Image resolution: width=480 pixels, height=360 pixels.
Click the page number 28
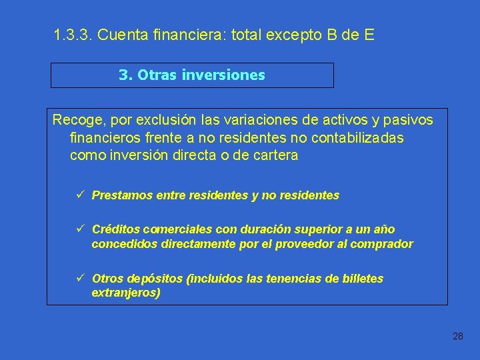(x=457, y=336)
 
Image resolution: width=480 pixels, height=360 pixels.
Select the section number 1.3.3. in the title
(x=73, y=35)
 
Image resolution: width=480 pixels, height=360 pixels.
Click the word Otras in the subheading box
(x=158, y=75)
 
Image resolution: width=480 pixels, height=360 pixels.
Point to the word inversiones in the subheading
(x=225, y=75)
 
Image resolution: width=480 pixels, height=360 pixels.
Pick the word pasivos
(x=408, y=121)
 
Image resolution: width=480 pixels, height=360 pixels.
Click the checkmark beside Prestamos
(x=79, y=195)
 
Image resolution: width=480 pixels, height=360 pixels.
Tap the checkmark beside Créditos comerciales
(x=79, y=229)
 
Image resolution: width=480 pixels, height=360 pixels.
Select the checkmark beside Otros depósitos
(x=79, y=278)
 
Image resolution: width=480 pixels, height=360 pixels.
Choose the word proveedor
(x=295, y=244)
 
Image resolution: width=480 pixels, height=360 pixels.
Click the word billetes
(x=359, y=279)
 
